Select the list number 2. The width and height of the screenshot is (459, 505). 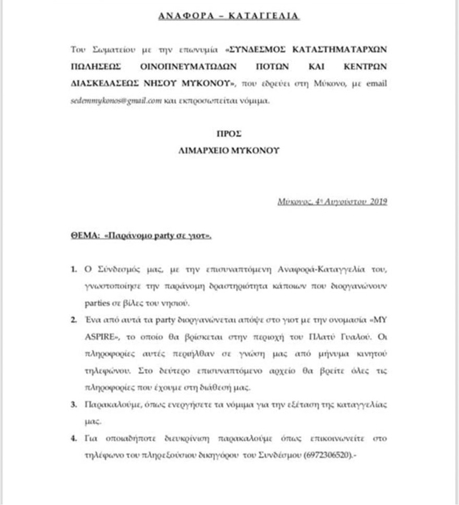click(74, 319)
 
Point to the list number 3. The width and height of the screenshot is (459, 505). click(74, 404)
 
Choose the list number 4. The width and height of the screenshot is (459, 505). click(74, 438)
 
